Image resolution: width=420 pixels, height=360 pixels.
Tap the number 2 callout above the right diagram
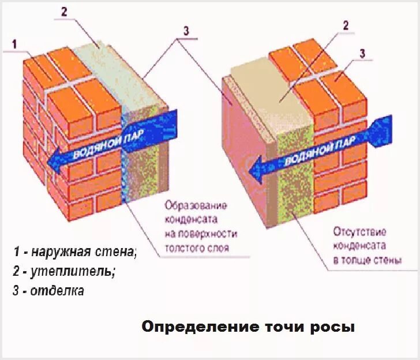(x=346, y=25)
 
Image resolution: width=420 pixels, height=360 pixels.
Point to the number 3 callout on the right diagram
(x=362, y=54)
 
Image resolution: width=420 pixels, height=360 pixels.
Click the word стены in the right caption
(x=388, y=261)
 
